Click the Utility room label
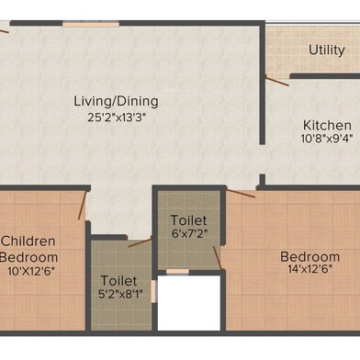326,51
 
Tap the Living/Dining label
116,101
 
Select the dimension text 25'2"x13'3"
116,118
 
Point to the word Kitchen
327,125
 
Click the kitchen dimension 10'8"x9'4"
327,139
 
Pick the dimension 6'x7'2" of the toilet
189,234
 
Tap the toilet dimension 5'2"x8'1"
120,294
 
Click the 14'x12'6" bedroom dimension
309,269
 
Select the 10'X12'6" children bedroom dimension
31,271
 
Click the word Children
28,242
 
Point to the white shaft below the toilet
189,303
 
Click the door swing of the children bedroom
83,206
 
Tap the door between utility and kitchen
277,81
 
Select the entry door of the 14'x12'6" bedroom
241,194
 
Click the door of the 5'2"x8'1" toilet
141,243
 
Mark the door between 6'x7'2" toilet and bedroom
218,258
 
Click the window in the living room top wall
91,24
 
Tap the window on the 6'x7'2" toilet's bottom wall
177,272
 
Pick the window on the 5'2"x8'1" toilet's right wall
153,291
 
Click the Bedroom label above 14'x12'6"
309,257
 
